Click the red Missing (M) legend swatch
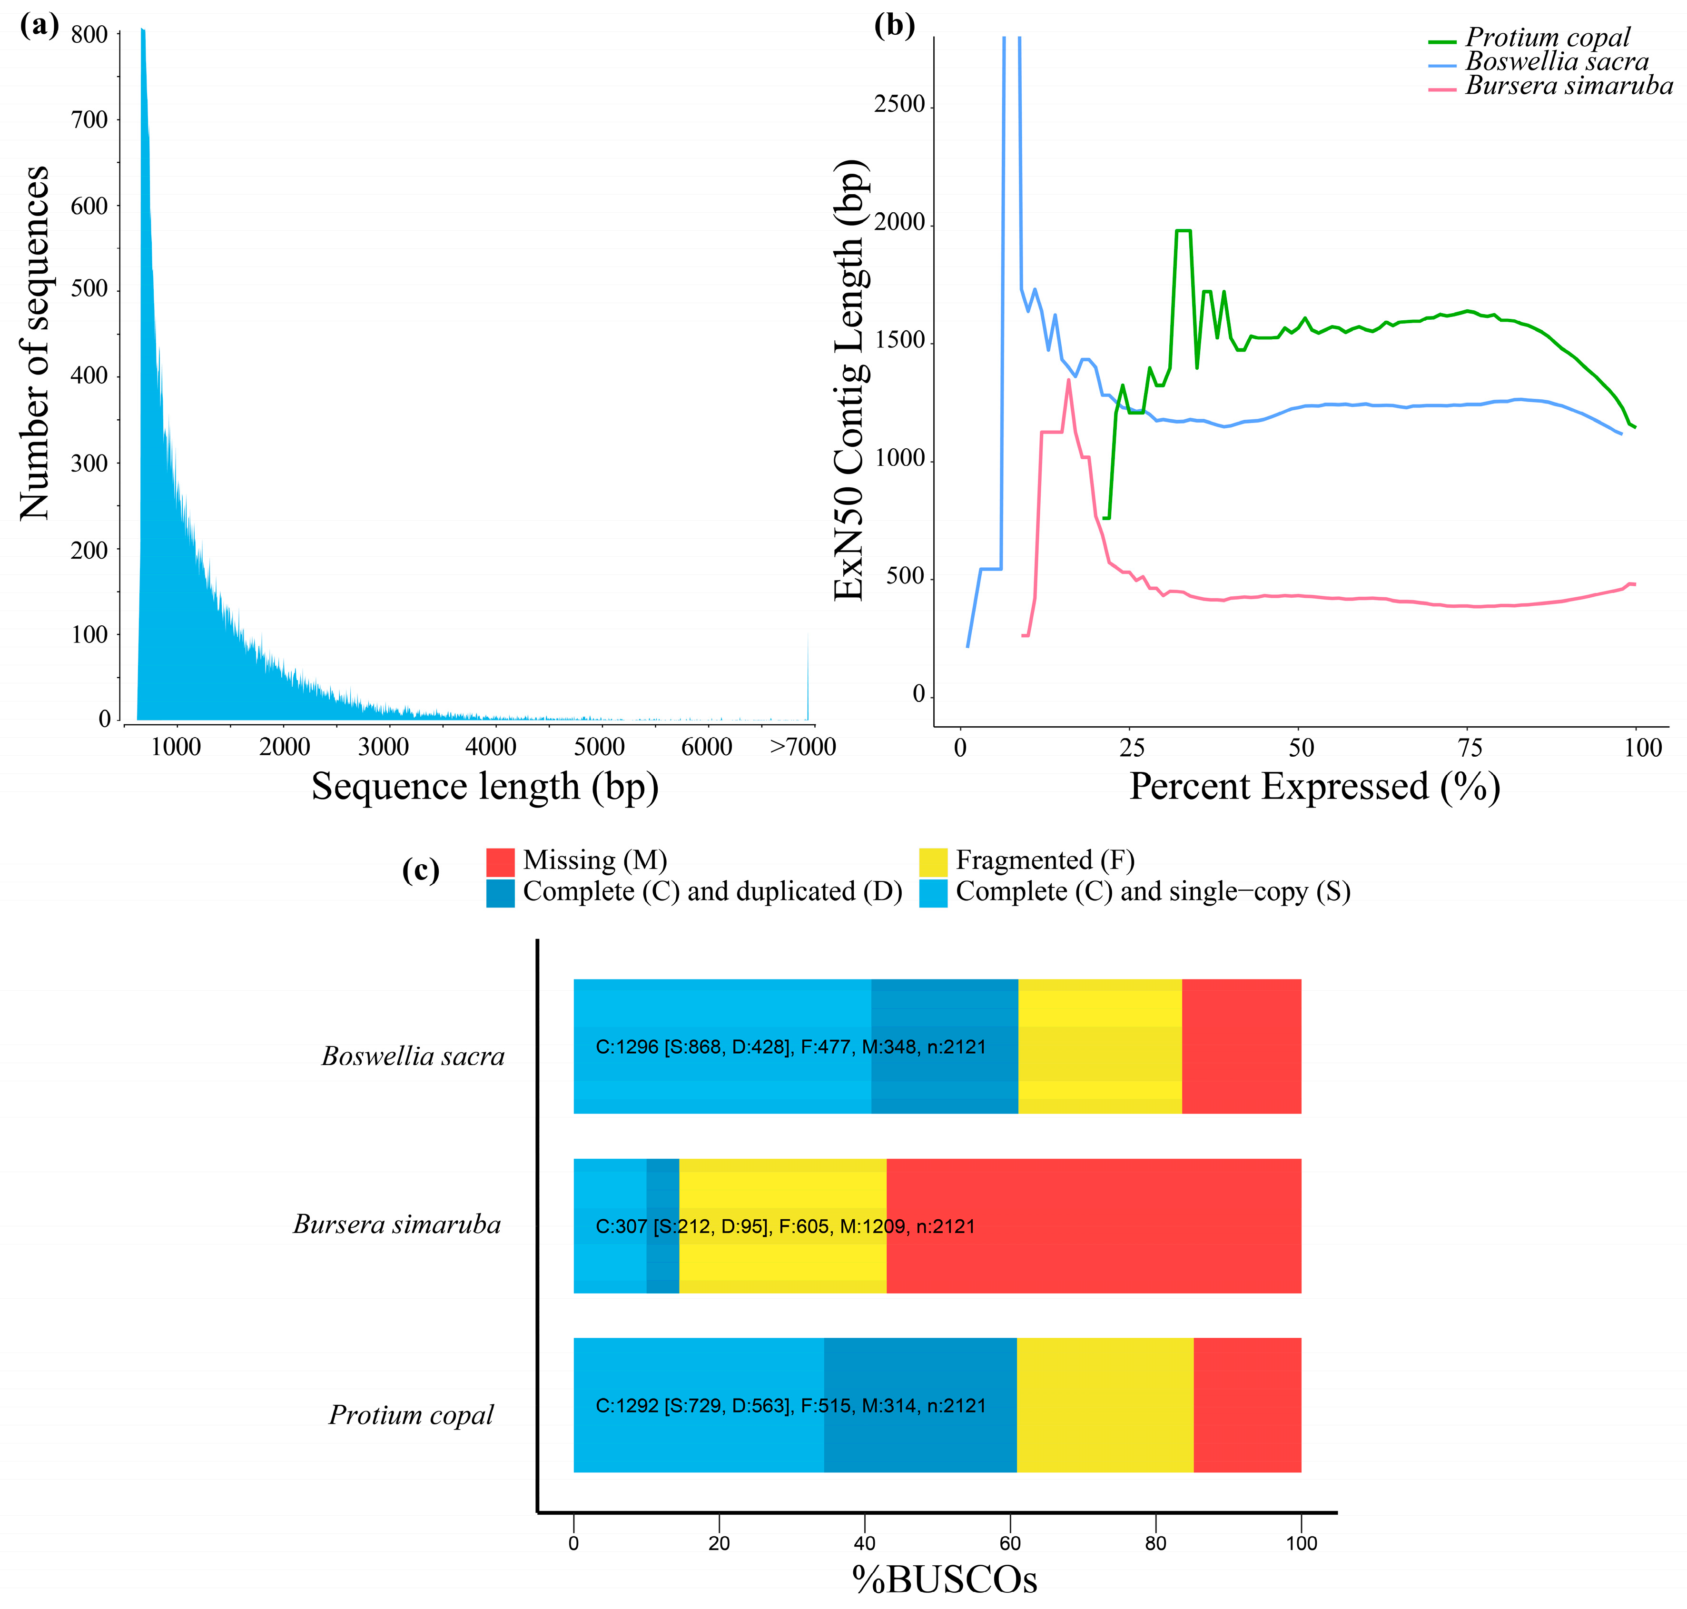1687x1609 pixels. point(500,861)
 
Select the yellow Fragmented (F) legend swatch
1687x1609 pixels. point(932,861)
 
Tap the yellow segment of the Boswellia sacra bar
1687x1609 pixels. point(1099,1046)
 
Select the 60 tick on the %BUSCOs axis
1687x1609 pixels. point(1010,1543)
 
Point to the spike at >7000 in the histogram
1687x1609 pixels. point(808,678)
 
